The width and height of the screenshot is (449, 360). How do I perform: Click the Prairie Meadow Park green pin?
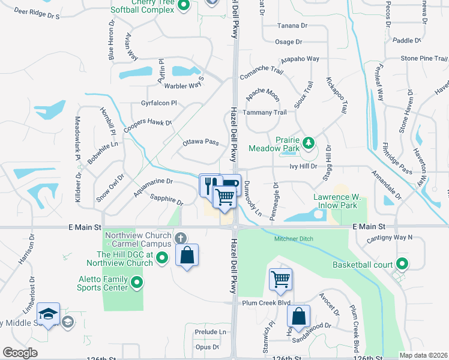(x=308, y=143)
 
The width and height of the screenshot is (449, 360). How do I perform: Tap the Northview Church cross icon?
(x=179, y=239)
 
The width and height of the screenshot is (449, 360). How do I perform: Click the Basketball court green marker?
(x=402, y=264)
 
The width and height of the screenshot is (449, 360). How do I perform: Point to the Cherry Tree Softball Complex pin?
(x=184, y=6)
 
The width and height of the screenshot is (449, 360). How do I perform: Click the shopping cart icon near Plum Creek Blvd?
(x=281, y=278)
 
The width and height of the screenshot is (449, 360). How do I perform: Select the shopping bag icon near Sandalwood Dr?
(x=298, y=316)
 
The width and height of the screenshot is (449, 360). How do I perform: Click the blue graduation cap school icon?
(x=48, y=314)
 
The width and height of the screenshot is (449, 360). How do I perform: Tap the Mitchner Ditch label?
(x=295, y=238)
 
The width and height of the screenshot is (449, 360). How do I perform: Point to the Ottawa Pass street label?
(x=200, y=142)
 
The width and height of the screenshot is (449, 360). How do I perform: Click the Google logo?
(x=20, y=353)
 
